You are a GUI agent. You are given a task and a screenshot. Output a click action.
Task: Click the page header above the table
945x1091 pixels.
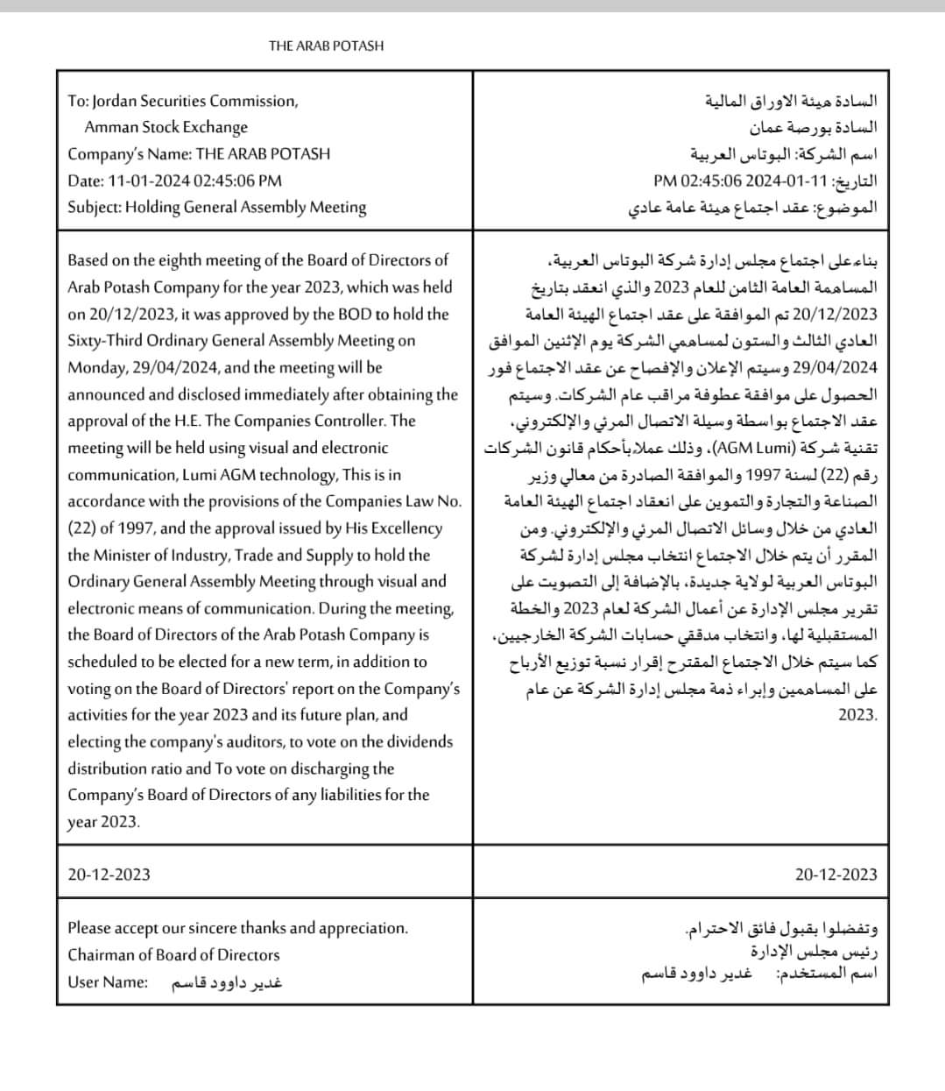(x=326, y=46)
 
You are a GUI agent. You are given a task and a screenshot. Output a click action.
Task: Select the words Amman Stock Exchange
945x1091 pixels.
(x=166, y=127)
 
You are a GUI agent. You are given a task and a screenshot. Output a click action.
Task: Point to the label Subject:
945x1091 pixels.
(x=94, y=208)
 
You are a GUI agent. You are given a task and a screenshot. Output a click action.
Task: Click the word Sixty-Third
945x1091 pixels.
(x=104, y=341)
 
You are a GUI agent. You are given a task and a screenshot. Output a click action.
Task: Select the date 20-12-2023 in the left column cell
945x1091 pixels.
(x=109, y=875)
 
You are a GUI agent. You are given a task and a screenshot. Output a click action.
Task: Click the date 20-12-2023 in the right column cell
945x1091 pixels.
(x=836, y=875)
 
